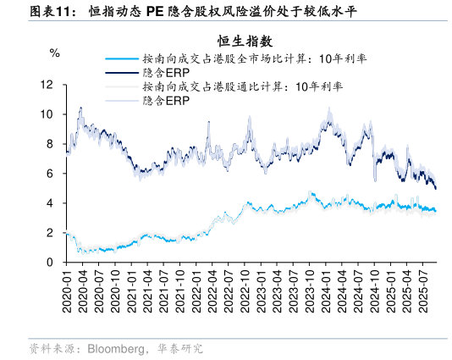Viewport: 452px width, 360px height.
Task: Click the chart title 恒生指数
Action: tap(244, 41)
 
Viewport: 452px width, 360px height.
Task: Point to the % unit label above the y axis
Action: tap(55, 53)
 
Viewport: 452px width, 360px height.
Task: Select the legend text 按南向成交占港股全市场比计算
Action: tap(214, 59)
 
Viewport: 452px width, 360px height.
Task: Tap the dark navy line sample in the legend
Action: tap(121, 73)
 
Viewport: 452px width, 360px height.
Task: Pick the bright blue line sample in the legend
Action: tap(121, 59)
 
